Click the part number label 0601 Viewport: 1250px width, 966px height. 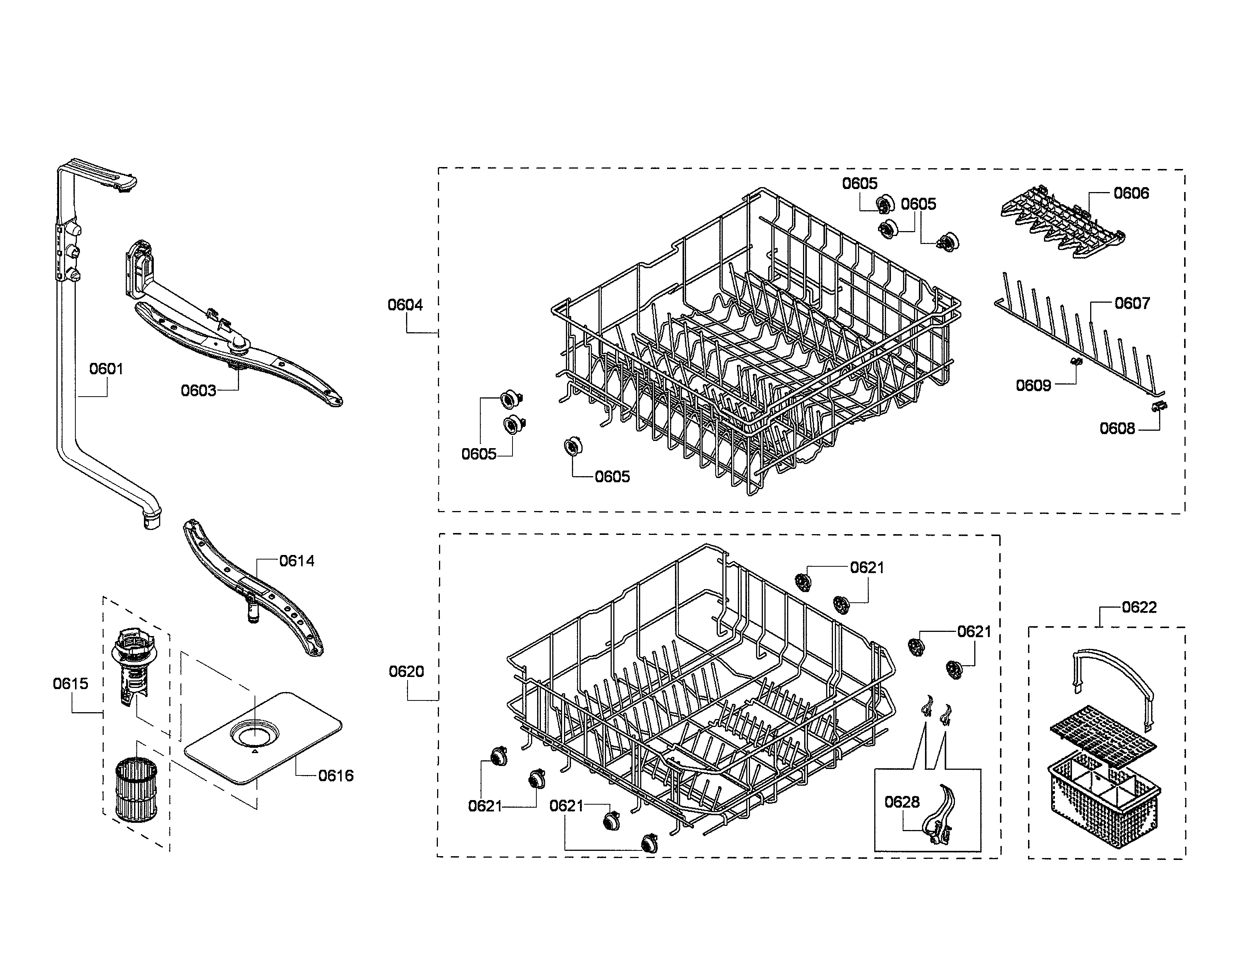click(x=106, y=369)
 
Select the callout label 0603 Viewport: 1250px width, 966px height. click(x=198, y=391)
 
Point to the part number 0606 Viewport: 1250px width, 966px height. click(x=1131, y=194)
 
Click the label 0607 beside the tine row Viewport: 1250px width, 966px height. click(x=1131, y=303)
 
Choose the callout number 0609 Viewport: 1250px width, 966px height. click(x=1033, y=386)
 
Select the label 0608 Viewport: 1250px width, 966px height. click(x=1117, y=428)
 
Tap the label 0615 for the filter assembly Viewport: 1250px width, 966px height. click(x=70, y=683)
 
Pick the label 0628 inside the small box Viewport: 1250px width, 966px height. click(x=902, y=802)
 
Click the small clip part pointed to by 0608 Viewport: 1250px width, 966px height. click(x=1158, y=406)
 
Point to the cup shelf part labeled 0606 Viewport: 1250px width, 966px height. click(x=1062, y=223)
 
